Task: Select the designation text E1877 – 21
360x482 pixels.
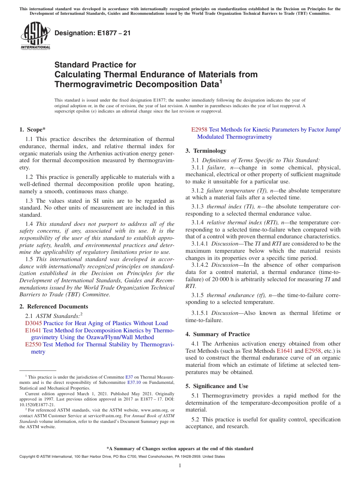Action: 92,33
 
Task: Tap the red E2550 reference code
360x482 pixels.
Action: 33,344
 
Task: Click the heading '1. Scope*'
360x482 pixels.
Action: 32,130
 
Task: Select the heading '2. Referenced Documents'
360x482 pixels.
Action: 53,307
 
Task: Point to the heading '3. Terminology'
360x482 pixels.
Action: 206,151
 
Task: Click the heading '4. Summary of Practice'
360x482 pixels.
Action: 218,334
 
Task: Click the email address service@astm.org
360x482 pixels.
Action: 92,416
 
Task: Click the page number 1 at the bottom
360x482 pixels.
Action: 180,466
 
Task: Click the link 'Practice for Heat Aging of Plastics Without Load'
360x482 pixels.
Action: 105,323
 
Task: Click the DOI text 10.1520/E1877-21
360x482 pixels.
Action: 37,404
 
